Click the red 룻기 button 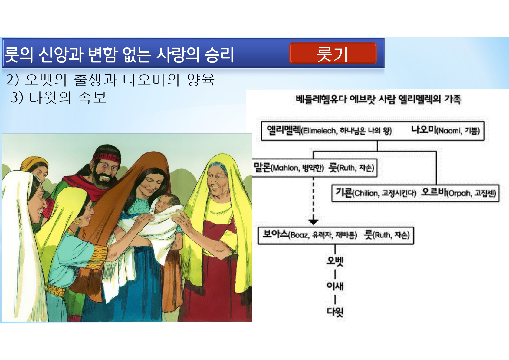[333, 53]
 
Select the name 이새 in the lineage [335, 286]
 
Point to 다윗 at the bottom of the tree [335, 312]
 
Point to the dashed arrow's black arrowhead [313, 222]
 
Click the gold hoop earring [77, 221]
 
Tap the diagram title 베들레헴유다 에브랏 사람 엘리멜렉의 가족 [379, 99]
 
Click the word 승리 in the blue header [219, 54]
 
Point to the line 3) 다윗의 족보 [59, 98]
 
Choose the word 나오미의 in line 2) [151, 80]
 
